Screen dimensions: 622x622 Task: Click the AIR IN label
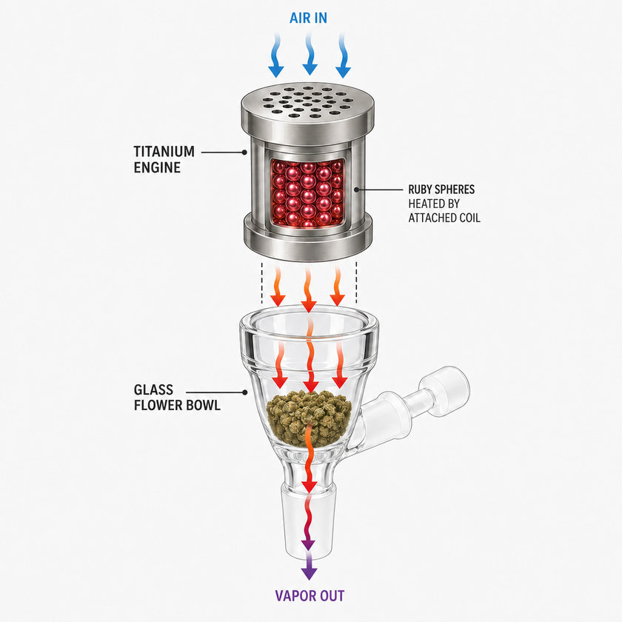(x=308, y=18)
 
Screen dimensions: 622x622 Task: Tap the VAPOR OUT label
(x=310, y=596)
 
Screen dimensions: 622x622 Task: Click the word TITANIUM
(x=164, y=152)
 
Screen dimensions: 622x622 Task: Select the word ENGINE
(x=157, y=167)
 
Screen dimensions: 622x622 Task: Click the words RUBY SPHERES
(x=441, y=190)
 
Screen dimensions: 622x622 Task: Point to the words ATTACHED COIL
(x=444, y=218)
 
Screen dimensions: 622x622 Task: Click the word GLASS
(x=153, y=389)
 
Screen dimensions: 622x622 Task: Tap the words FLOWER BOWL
(x=177, y=406)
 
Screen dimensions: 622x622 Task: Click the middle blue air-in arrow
(x=310, y=54)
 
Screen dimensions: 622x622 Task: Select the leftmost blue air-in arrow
(x=276, y=56)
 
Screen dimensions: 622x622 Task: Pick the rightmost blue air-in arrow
(x=343, y=56)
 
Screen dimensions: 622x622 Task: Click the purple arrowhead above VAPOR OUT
(x=309, y=573)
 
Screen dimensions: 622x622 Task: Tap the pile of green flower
(x=310, y=416)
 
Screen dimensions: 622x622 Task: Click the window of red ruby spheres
(x=308, y=193)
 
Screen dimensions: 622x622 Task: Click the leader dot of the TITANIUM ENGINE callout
(x=245, y=152)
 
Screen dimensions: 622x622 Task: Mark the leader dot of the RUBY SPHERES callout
(x=357, y=190)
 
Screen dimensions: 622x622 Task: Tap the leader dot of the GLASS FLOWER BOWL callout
(x=245, y=392)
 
